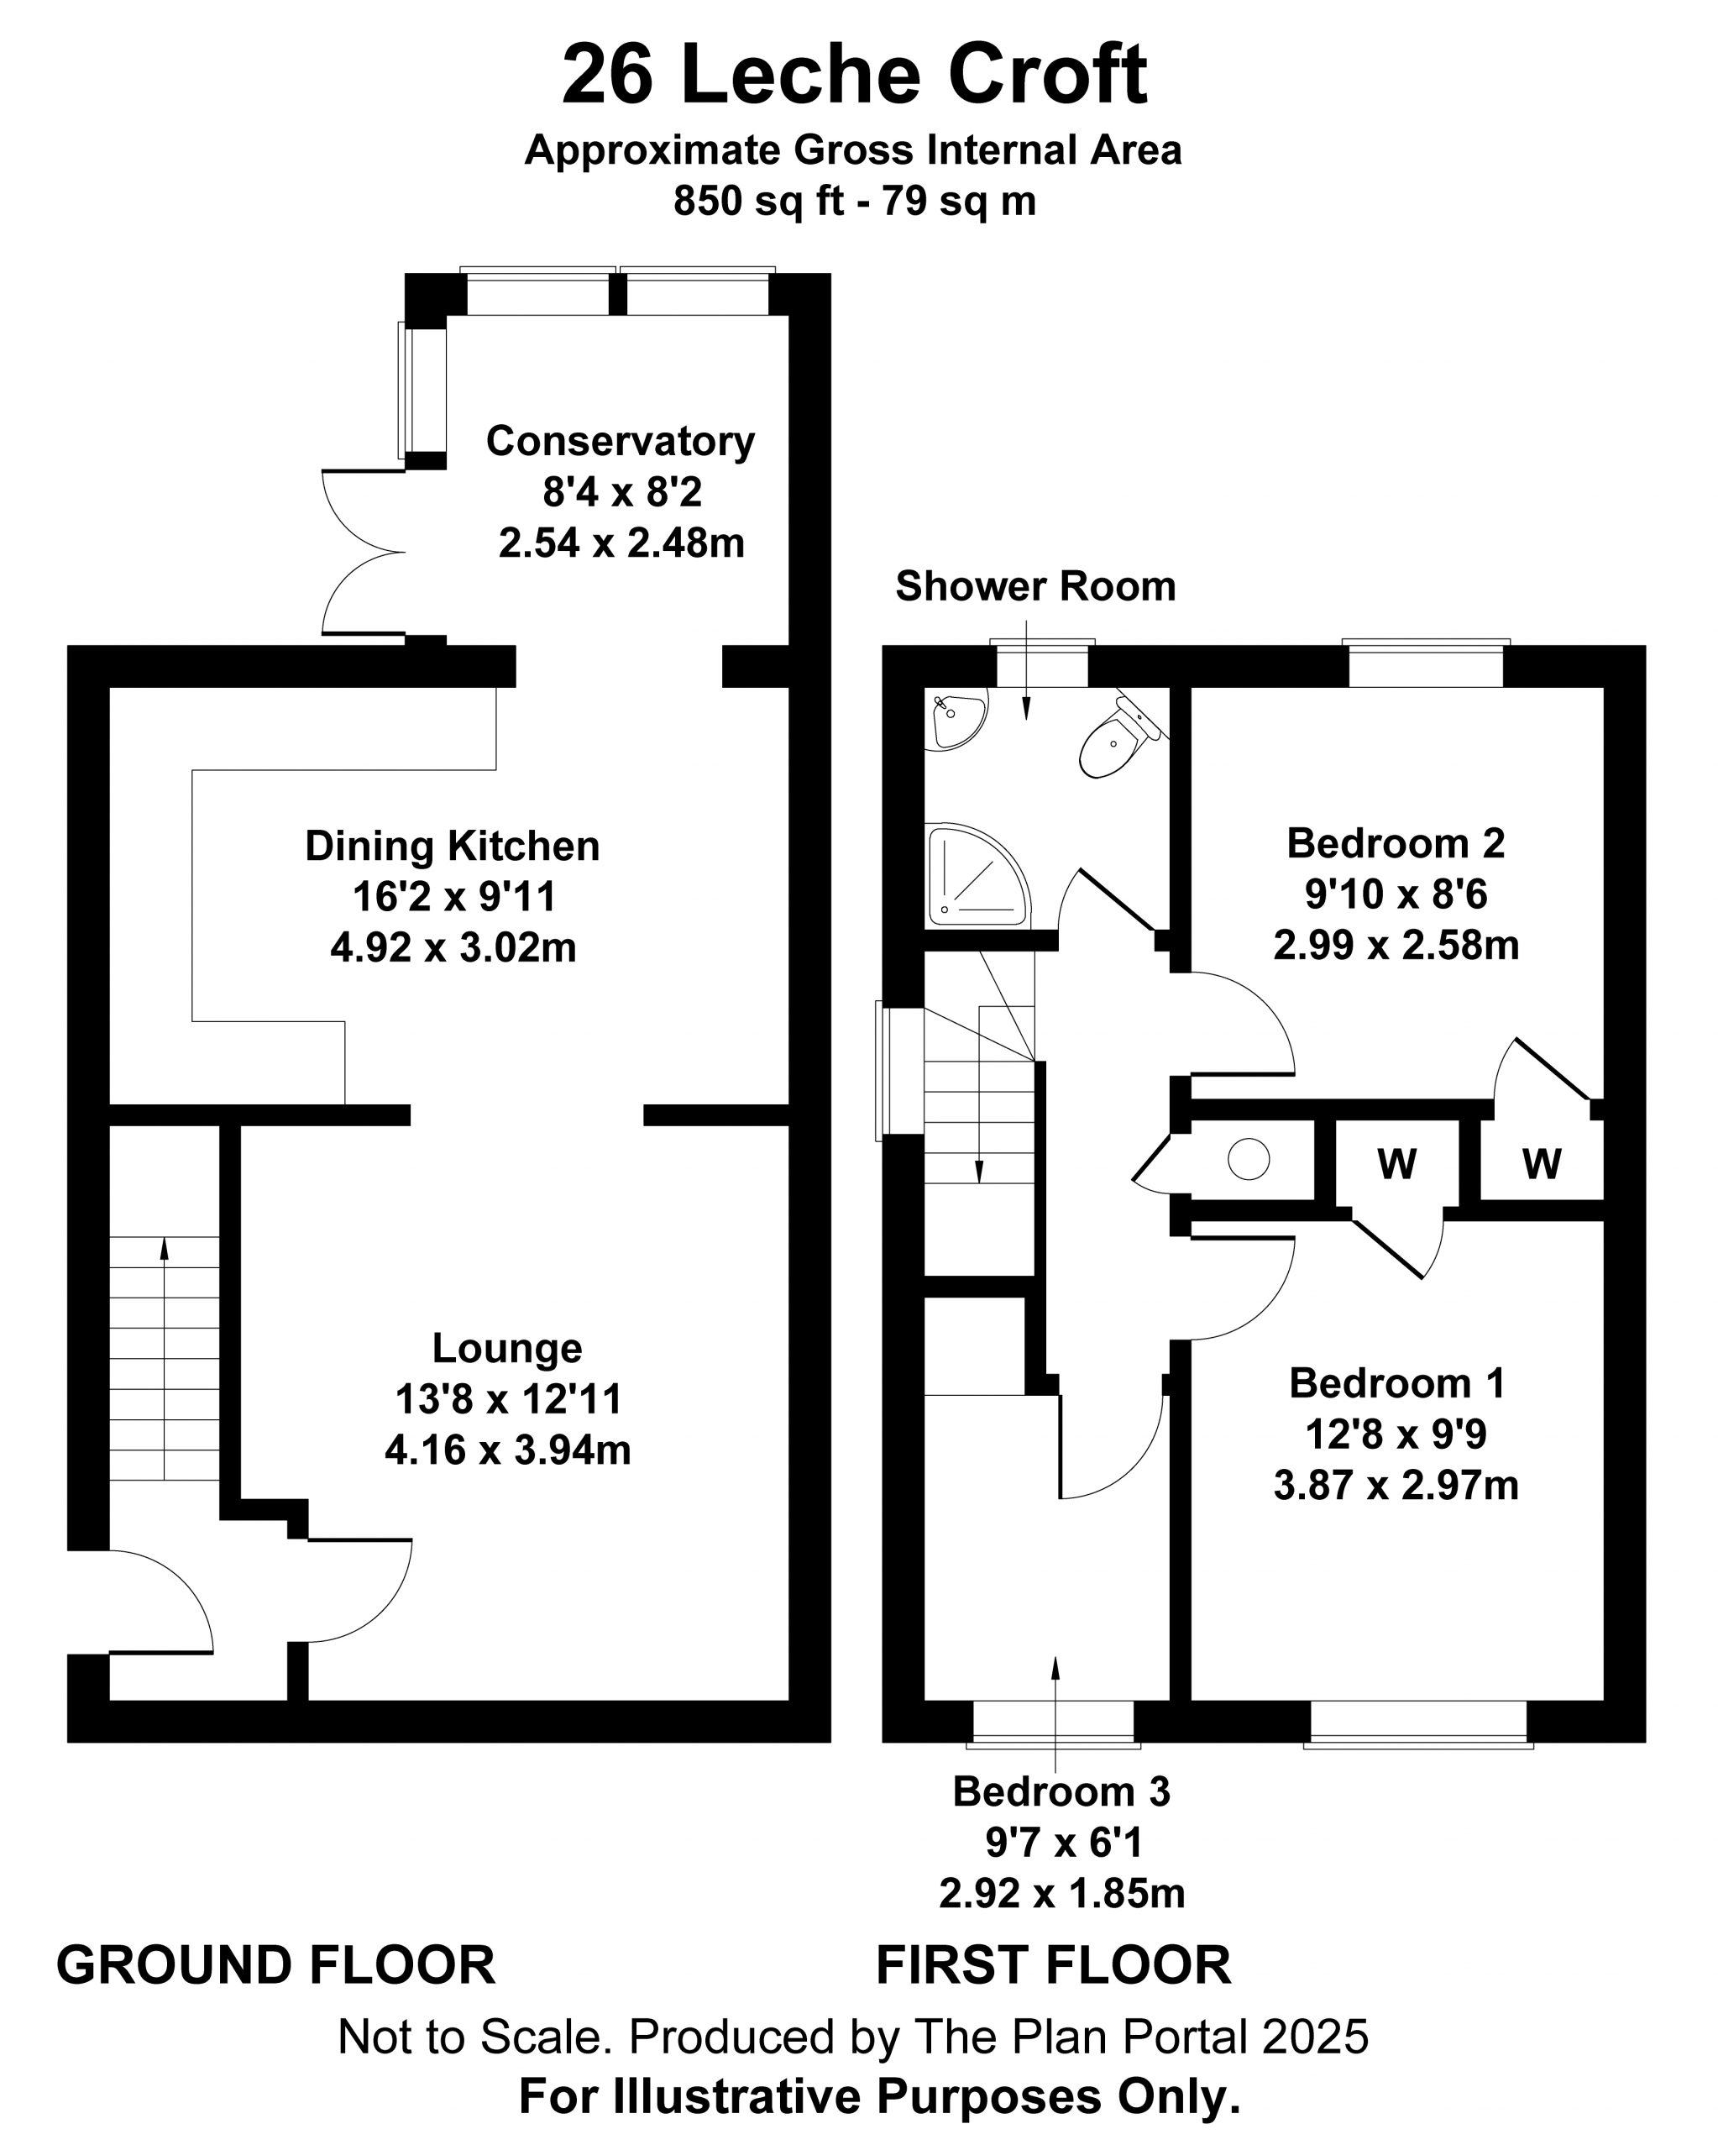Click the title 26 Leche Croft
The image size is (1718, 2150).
coord(855,75)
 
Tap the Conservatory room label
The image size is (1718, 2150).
coord(621,441)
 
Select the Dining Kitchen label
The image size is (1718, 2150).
coord(453,846)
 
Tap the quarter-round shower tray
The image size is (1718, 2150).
coord(977,874)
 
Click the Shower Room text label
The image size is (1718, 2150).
coord(1036,586)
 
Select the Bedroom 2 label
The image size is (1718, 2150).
coord(1396,844)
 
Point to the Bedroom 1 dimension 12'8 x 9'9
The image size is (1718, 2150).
coord(1396,1434)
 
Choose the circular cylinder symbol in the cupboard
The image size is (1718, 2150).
coord(1249,1160)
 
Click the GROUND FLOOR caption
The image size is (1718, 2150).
coord(276,1965)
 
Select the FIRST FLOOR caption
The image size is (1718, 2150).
coord(1054,1965)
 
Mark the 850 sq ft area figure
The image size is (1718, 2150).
coord(761,201)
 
